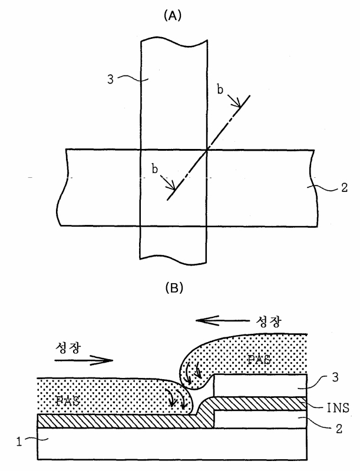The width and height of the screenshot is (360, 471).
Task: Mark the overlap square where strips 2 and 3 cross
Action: pyautogui.click(x=173, y=187)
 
